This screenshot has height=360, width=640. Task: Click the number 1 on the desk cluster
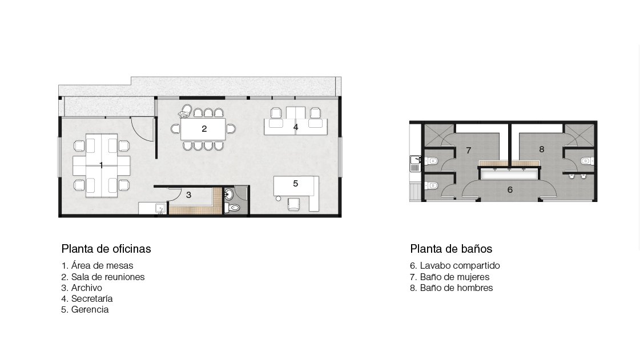click(101, 165)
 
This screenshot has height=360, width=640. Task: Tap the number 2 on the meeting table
click(204, 129)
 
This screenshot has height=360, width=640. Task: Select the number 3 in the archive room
click(188, 195)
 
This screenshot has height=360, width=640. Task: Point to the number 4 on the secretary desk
click(296, 127)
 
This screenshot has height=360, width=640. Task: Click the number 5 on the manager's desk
click(296, 184)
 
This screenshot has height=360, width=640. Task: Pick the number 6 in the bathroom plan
click(510, 189)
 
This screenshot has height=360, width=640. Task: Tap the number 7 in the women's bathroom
click(469, 151)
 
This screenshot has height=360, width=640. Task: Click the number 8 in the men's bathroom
click(542, 149)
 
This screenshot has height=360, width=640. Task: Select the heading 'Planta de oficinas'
click(106, 249)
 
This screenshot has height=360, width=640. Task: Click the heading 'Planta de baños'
click(451, 249)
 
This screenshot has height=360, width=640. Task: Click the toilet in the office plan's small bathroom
click(233, 208)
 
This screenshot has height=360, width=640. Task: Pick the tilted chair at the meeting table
click(186, 111)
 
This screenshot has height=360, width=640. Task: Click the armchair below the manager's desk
click(293, 204)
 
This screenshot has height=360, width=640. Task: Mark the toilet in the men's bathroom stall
click(586, 161)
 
